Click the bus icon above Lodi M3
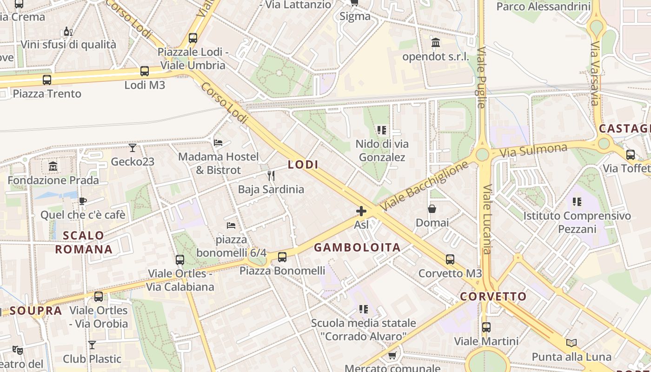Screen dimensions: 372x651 [145, 71]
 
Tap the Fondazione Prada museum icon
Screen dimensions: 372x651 [53, 166]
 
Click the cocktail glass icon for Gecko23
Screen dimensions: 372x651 [133, 148]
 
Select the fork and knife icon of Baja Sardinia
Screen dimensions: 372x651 [271, 175]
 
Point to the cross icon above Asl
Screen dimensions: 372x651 [361, 211]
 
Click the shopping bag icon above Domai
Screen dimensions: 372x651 [432, 209]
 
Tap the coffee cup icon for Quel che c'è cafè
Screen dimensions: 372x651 [83, 201]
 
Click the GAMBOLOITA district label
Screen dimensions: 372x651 [357, 247]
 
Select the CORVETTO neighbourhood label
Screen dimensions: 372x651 [493, 296]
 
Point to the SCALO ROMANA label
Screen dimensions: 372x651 [84, 242]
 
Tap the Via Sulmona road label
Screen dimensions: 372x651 [533, 151]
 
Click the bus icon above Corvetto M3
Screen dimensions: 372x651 [450, 259]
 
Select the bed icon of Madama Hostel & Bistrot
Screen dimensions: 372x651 [218, 142]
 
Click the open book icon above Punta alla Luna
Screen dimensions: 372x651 [571, 343]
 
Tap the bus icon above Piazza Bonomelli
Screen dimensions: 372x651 [282, 257]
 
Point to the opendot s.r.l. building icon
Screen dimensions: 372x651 [436, 43]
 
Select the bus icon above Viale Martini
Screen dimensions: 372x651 [486, 327]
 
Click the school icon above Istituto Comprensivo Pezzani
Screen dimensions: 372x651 [577, 202]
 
